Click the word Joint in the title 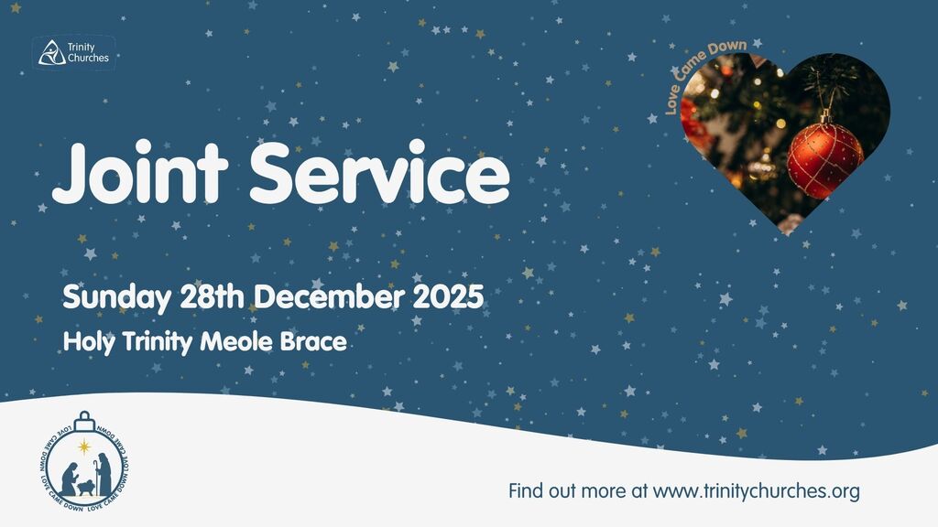[140, 172]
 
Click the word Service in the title [380, 172]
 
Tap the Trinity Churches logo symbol [51, 52]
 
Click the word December [328, 296]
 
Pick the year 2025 [448, 296]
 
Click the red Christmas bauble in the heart [825, 159]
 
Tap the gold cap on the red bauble [826, 116]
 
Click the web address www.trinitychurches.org [756, 491]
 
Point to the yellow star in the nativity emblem [85, 446]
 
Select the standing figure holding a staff [104, 474]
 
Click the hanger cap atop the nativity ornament [84, 421]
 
